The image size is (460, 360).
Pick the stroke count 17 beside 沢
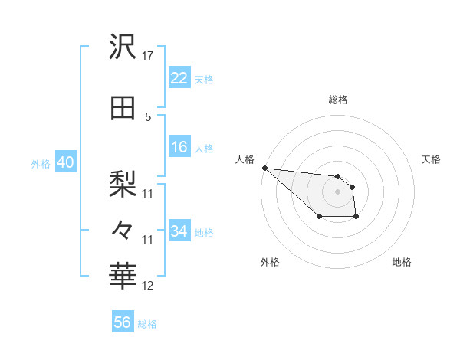[149, 55]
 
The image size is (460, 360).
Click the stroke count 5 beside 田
[148, 116]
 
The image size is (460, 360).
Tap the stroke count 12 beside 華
[148, 286]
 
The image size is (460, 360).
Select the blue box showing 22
[179, 78]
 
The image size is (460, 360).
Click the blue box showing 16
[179, 147]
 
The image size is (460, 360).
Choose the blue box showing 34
[179, 231]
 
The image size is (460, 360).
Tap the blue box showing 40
[64, 162]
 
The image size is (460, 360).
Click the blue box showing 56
[122, 322]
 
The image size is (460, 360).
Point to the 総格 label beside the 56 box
[147, 324]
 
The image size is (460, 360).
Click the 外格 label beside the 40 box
[41, 163]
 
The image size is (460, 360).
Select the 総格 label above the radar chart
[337, 100]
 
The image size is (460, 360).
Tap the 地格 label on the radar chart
[402, 262]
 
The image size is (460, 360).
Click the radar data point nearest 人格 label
[264, 168]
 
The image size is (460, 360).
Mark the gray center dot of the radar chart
[337, 191]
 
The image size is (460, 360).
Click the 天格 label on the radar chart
[431, 159]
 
